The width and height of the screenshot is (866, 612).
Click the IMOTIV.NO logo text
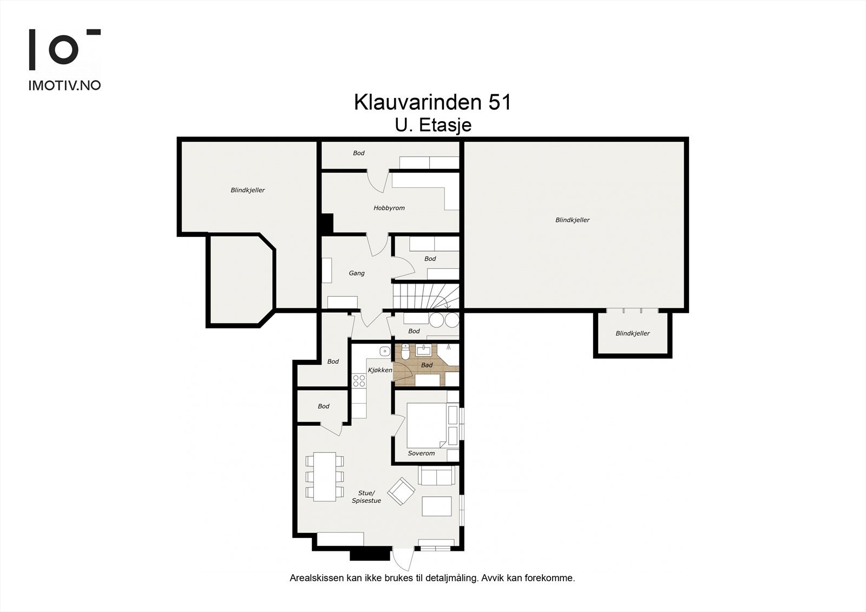point(64,85)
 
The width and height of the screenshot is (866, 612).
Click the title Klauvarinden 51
point(432,102)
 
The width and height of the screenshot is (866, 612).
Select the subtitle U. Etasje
point(433,126)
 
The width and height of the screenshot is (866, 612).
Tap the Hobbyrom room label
point(389,208)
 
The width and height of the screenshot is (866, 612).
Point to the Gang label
point(356,273)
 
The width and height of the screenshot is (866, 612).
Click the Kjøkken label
point(379,370)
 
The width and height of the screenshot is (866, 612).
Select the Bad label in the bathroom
point(427,365)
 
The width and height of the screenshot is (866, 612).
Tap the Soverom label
point(421,453)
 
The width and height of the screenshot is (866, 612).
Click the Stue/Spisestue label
point(366,497)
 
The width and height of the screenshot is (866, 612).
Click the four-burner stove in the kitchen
point(359,380)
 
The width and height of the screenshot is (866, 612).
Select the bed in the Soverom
point(427,425)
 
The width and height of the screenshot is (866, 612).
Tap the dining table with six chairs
point(324,477)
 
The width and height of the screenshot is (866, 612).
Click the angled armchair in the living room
point(401,491)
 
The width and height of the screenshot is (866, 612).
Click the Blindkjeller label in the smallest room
point(632,333)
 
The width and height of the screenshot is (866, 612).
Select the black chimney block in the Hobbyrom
point(327,223)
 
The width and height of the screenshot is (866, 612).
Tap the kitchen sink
point(384,351)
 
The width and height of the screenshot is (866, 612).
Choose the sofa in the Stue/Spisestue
point(435,476)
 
